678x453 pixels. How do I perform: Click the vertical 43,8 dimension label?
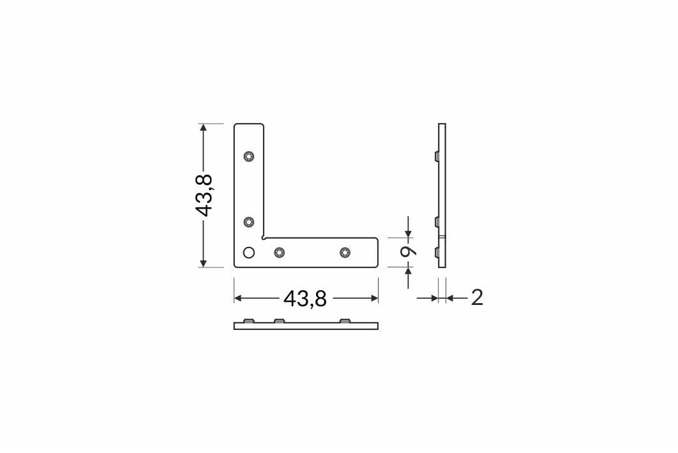point(203,195)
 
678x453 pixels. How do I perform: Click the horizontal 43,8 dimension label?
point(305,298)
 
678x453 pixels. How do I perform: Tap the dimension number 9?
point(408,252)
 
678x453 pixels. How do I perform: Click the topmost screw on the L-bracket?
point(248,156)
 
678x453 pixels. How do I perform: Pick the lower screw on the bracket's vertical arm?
point(248,222)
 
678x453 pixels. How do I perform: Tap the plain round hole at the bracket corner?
point(248,253)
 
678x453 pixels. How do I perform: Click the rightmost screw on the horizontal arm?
point(345,253)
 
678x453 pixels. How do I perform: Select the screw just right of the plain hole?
point(280,253)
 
